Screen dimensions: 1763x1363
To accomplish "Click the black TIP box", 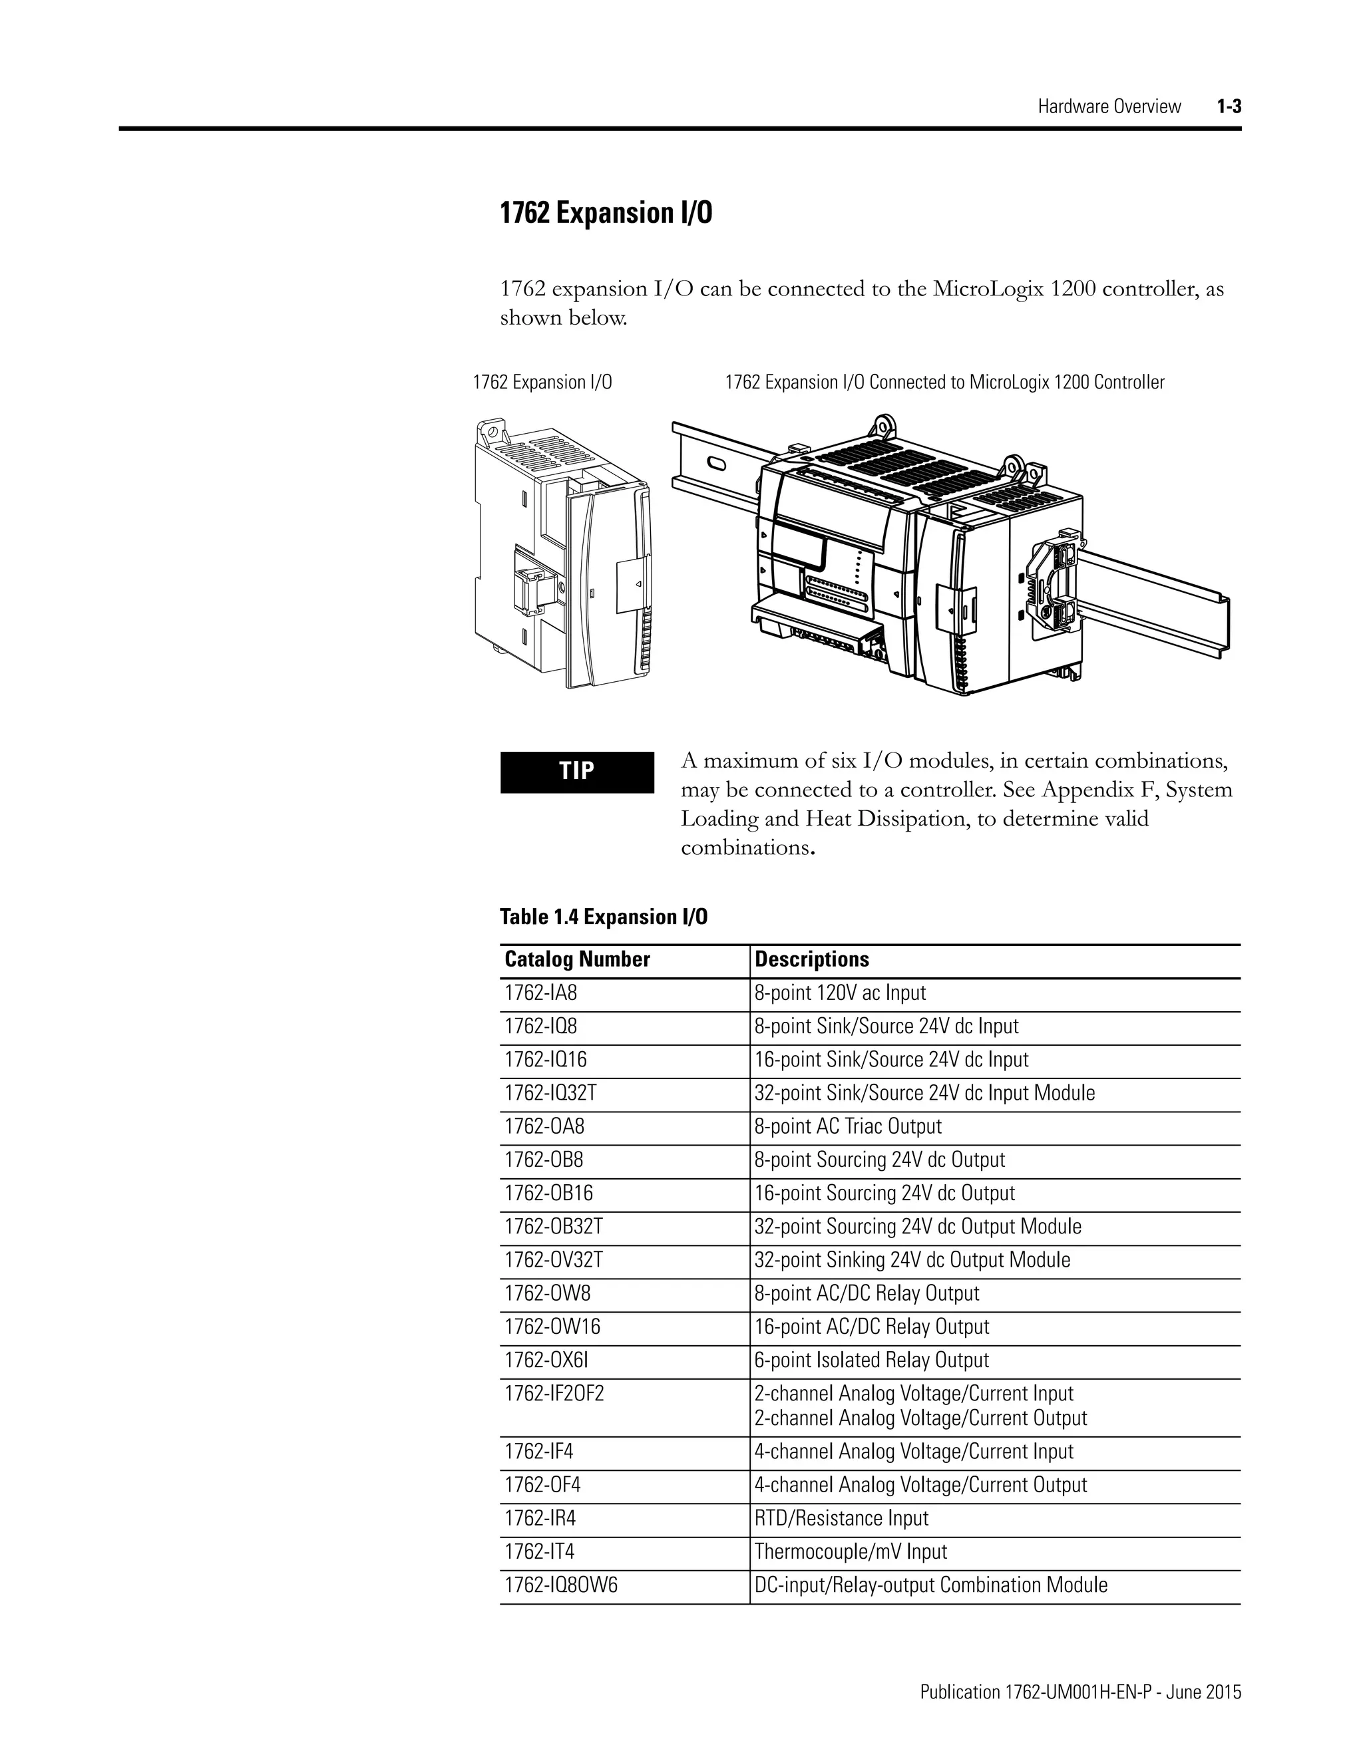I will coord(576,772).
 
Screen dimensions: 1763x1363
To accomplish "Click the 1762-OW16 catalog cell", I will coord(552,1327).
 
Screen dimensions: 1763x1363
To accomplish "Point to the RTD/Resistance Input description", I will coord(841,1518).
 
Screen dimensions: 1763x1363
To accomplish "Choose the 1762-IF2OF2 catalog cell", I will coord(554,1393).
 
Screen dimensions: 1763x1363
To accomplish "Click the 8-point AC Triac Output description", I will coord(848,1126).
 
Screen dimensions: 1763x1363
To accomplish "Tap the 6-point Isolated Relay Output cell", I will coord(871,1361).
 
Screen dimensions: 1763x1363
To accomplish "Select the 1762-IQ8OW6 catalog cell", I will coord(560,1585).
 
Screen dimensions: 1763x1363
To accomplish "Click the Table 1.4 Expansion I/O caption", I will coord(603,917).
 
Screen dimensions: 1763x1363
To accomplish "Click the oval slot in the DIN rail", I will coord(715,463).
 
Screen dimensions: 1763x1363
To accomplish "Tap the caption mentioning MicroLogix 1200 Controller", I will coord(944,383).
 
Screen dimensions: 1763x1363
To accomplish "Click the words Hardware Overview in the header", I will coord(1109,106).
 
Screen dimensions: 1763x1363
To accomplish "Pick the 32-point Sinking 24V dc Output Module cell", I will coord(912,1260).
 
